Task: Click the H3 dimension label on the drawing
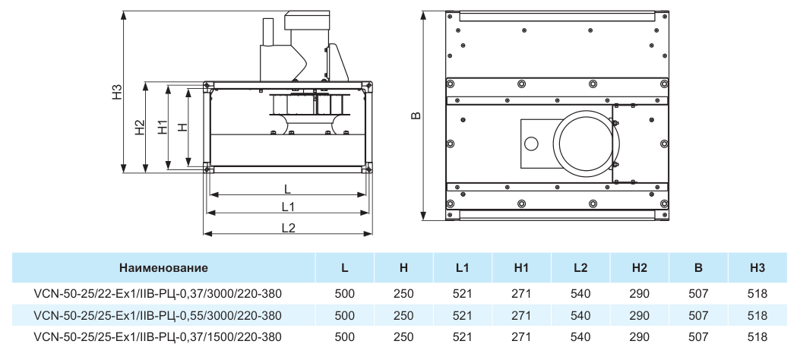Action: [118, 91]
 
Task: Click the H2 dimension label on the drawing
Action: [140, 128]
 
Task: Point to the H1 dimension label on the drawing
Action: [163, 127]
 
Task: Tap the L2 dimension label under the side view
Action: [288, 227]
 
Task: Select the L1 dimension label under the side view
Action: [288, 207]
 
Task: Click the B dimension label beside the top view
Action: [416, 115]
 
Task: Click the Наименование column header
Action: [164, 267]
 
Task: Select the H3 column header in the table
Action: [757, 267]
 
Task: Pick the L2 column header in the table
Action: [580, 267]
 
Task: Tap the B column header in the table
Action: [698, 267]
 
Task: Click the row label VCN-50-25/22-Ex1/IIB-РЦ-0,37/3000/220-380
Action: [157, 294]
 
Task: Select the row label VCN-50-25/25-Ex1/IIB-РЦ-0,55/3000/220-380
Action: [157, 316]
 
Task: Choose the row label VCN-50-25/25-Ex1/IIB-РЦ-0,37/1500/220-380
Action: [157, 337]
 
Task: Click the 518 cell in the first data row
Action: [757, 294]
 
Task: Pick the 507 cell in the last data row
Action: [698, 337]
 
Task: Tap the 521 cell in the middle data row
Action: [462, 316]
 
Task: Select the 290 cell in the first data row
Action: [639, 294]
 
